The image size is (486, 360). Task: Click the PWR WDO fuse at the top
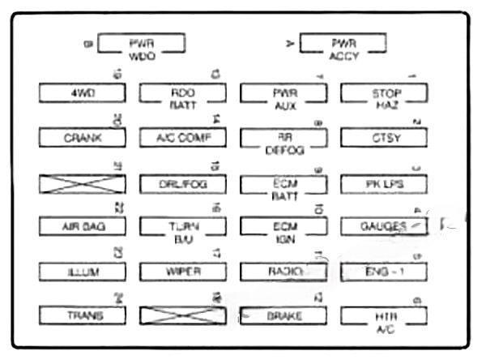[141, 44]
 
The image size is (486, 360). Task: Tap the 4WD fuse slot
[83, 93]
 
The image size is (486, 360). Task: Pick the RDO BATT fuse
[183, 93]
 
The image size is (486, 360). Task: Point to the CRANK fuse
[83, 138]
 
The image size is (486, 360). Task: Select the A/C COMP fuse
[183, 138]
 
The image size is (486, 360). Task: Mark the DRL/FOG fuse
[183, 184]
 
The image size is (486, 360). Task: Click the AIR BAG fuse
[83, 226]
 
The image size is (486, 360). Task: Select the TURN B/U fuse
[183, 226]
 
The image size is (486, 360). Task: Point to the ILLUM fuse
[83, 271]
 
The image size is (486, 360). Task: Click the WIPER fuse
[183, 271]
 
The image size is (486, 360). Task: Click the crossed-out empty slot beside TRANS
[183, 315]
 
